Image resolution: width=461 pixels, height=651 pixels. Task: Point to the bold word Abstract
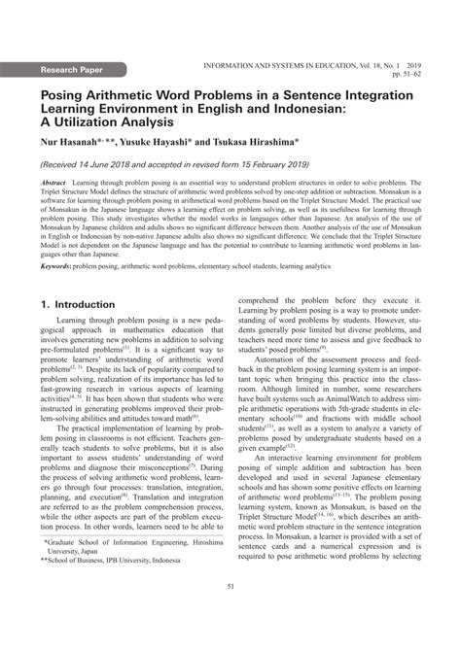coord(53,183)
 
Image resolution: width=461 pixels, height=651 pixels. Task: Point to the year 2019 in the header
coord(429,61)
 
